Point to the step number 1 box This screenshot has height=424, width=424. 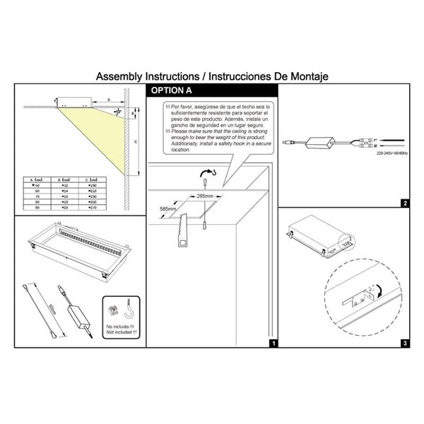[273, 343]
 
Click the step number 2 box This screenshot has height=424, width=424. [404, 204]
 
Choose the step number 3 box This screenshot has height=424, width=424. [404, 343]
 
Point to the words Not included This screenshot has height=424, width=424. [120, 331]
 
